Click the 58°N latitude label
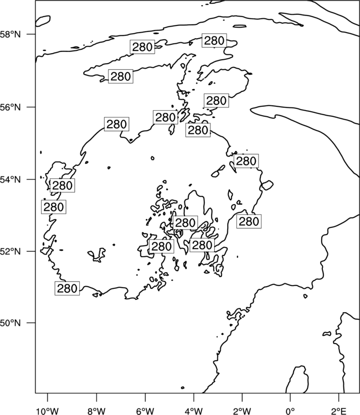click(x=10, y=34)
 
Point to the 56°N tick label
click(x=10, y=107)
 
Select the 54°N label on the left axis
click(x=10, y=180)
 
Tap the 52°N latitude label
click(x=10, y=251)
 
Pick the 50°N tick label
click(x=10, y=323)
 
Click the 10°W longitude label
click(x=48, y=411)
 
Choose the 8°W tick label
click(x=96, y=411)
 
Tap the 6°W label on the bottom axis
click(x=145, y=411)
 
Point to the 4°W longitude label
click(x=193, y=411)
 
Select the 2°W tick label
click(x=242, y=411)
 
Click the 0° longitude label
click(x=290, y=411)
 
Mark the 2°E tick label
click(x=338, y=411)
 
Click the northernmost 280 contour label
click(x=214, y=40)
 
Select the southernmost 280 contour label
click(x=67, y=288)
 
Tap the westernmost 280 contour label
click(x=54, y=207)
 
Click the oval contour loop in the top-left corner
click(x=43, y=21)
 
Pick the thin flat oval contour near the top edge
click(x=240, y=26)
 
